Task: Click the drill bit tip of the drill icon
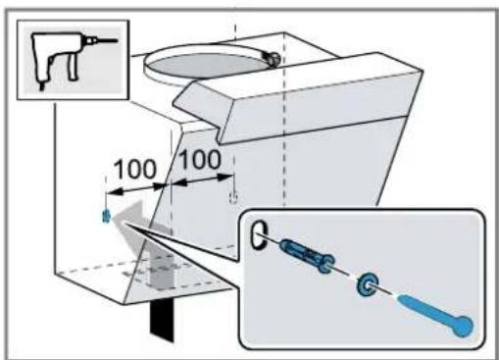click(x=117, y=41)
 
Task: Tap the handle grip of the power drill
click(x=73, y=68)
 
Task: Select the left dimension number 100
click(x=134, y=170)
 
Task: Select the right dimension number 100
click(x=200, y=160)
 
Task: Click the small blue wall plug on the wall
click(x=106, y=216)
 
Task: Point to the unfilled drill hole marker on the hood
click(x=233, y=197)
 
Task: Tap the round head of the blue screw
click(x=464, y=326)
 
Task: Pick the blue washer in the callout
click(x=367, y=283)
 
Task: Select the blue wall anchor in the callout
click(x=307, y=255)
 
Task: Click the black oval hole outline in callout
click(x=258, y=234)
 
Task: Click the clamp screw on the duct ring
click(x=273, y=58)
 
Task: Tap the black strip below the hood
click(x=162, y=319)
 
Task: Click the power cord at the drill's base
click(x=41, y=86)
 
